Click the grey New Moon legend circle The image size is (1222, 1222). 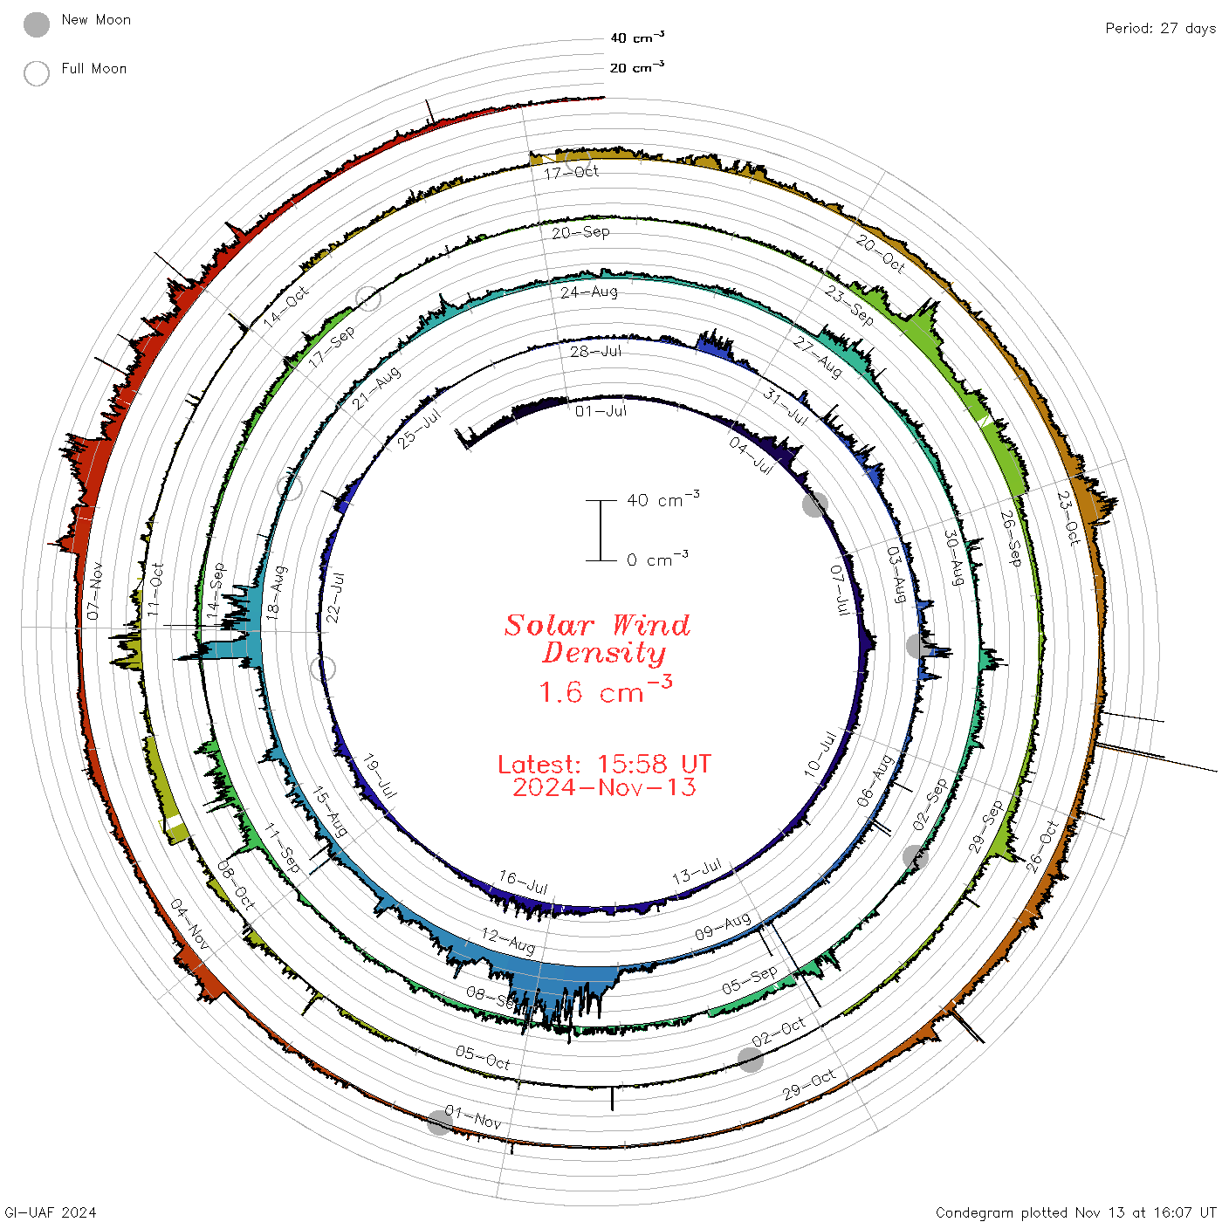pos(36,24)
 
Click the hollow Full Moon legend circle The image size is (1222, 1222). pos(36,73)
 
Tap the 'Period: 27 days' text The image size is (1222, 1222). pos(1160,29)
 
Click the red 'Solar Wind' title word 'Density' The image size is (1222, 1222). pos(603,653)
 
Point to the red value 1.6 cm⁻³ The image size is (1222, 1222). pos(605,690)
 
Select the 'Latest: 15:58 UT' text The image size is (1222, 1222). pos(604,764)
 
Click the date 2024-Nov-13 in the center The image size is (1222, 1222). pos(604,787)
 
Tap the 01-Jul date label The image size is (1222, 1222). pos(600,411)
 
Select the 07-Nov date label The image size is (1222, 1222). pos(94,590)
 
